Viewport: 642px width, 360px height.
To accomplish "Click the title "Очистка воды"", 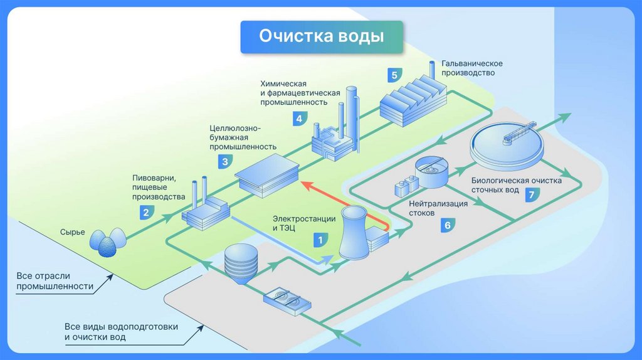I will pos(321,36).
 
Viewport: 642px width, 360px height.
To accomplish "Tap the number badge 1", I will pos(320,239).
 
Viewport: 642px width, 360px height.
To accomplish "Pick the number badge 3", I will pos(224,161).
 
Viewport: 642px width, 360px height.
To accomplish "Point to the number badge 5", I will pos(394,76).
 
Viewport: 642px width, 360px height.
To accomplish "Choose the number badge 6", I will pos(447,225).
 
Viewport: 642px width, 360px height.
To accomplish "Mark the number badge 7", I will pos(531,194).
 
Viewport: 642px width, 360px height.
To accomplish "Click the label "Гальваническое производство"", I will pos(471,68).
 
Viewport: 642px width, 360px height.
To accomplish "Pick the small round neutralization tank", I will pos(432,171).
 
